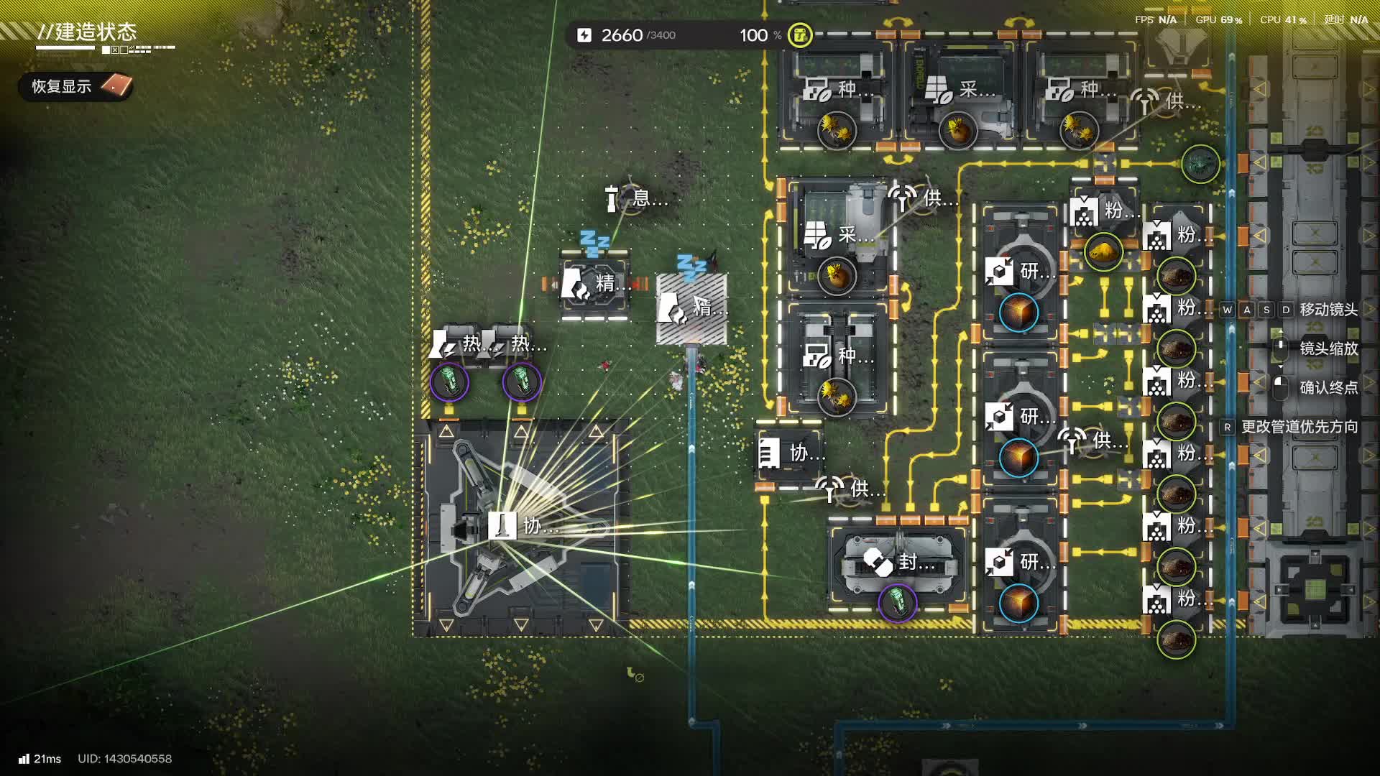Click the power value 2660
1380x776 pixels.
[x=621, y=35]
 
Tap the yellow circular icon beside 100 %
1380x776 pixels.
[x=800, y=35]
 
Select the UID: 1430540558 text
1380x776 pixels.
[x=124, y=759]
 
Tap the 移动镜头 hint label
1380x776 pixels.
[x=1328, y=310]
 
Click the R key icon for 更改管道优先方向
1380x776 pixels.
[x=1228, y=427]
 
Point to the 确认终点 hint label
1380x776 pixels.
[x=1328, y=388]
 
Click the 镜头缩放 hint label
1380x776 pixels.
[x=1328, y=348]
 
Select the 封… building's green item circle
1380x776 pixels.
[x=897, y=602]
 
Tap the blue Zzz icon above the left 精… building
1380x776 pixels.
[x=594, y=243]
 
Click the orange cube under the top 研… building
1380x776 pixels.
[x=1018, y=313]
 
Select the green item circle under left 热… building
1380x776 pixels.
[x=449, y=382]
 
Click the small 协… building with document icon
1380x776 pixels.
[x=789, y=453]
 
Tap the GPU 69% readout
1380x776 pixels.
[x=1218, y=19]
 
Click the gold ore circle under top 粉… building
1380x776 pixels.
[x=1103, y=251]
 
